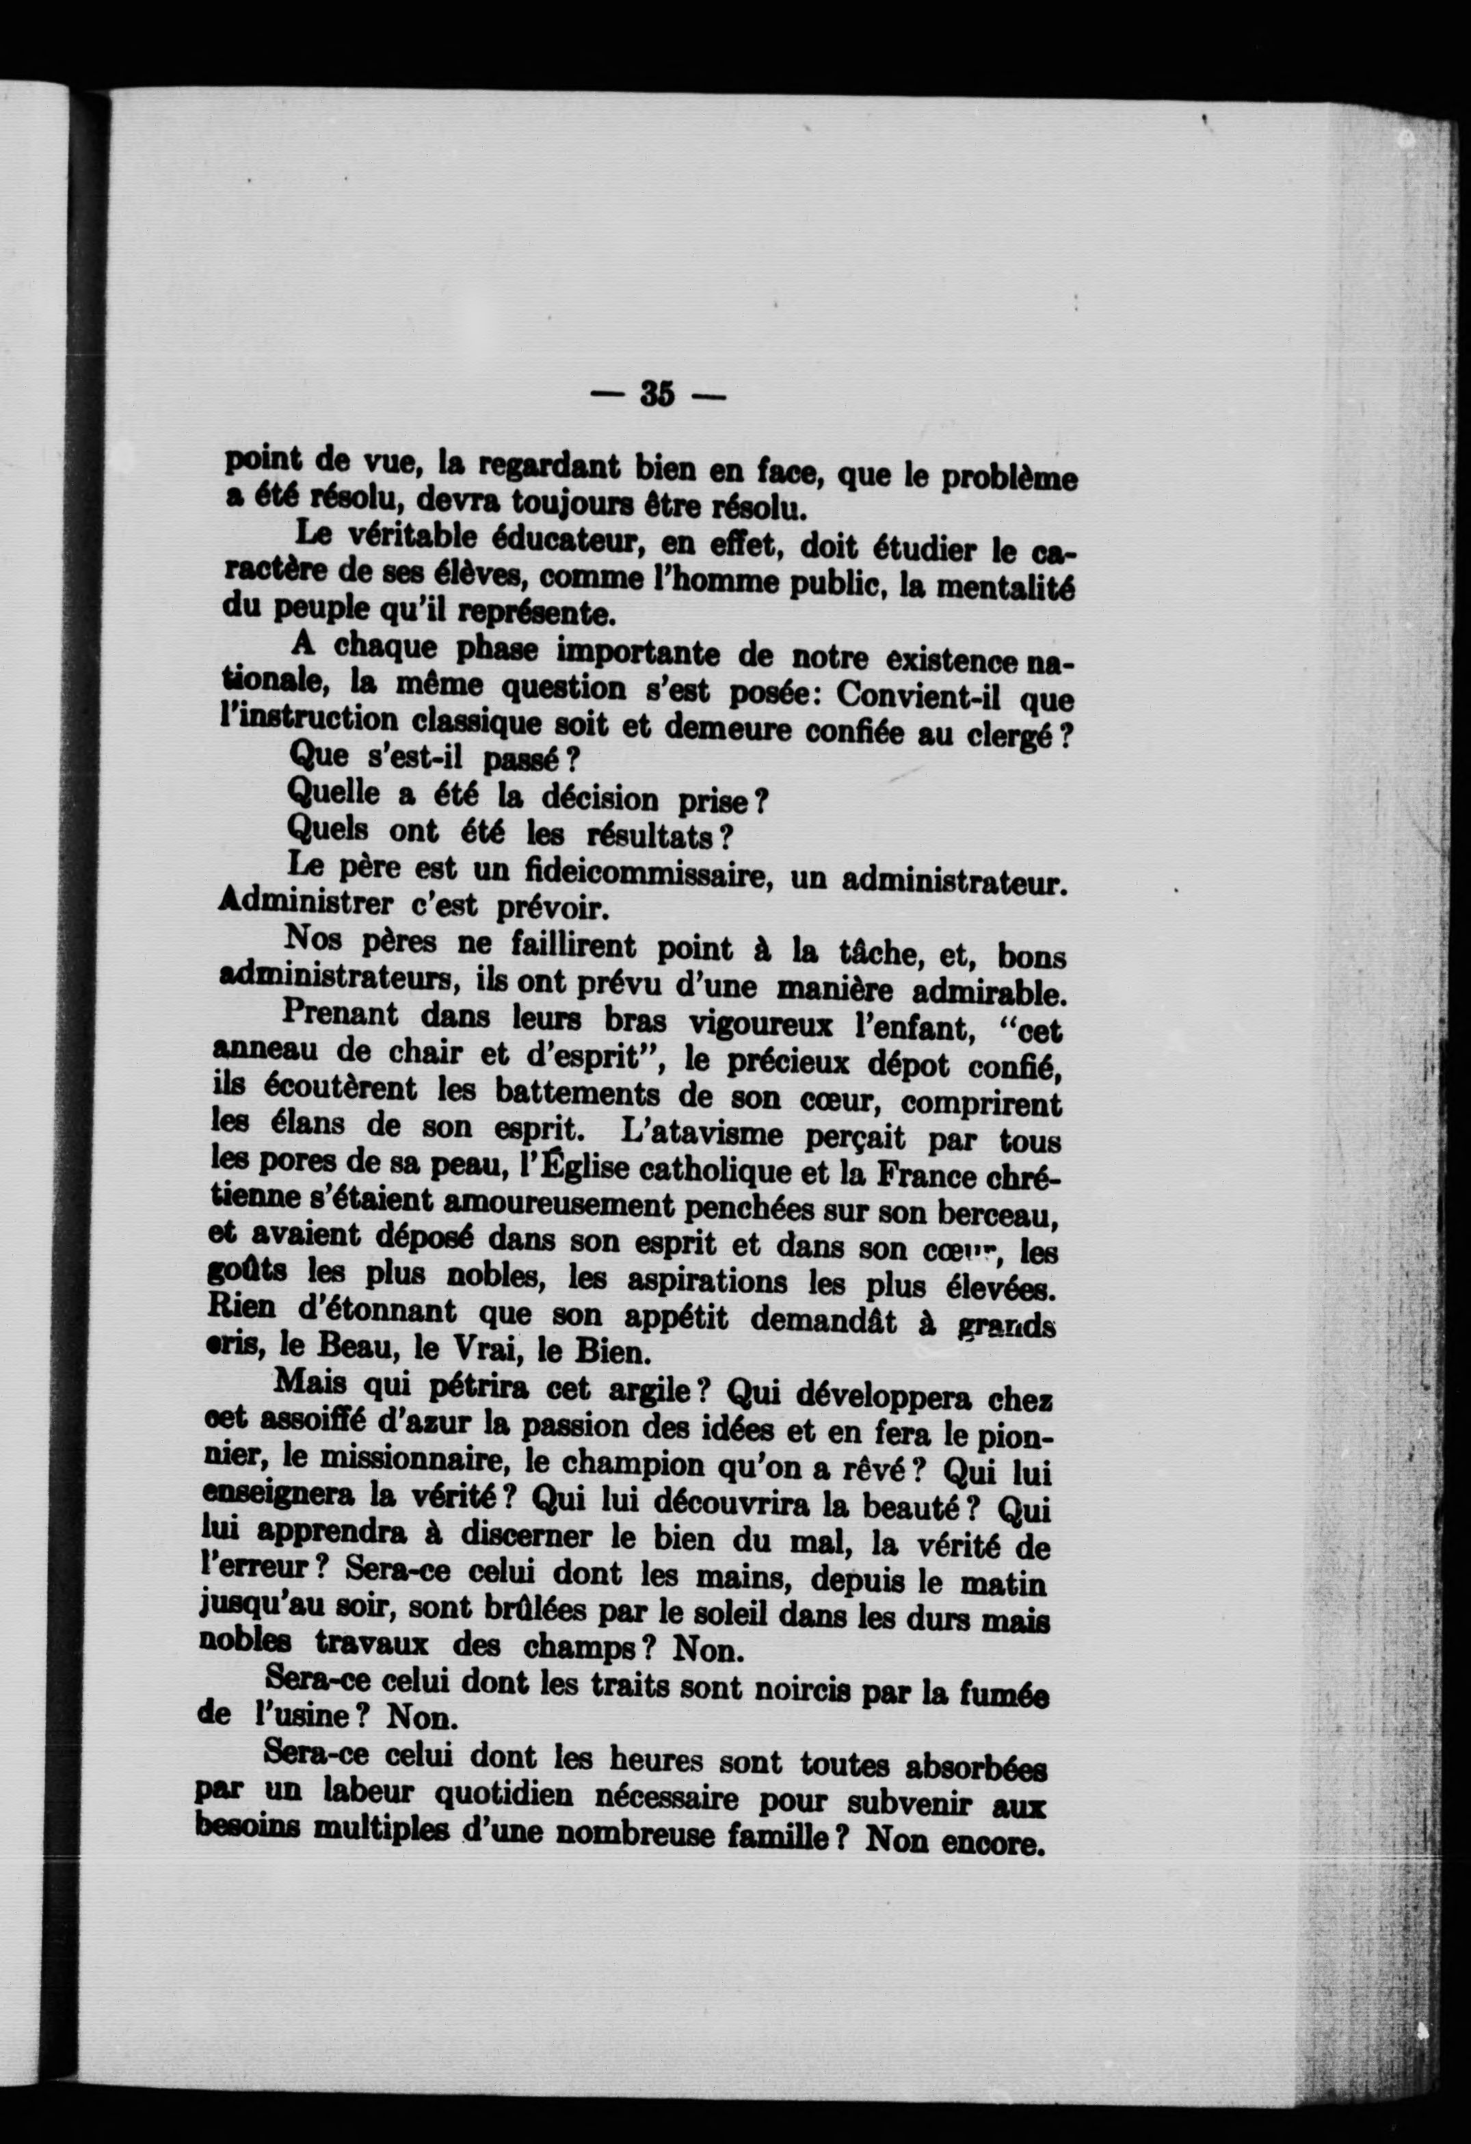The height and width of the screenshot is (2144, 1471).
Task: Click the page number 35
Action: pyautogui.click(x=658, y=394)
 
